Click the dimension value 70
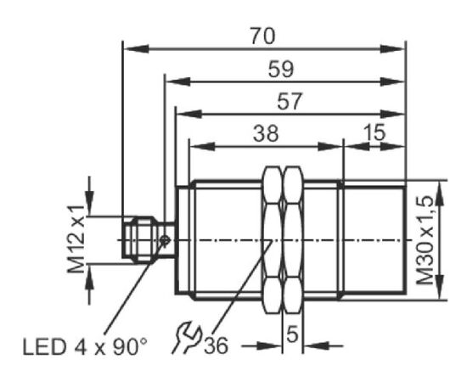[262, 36]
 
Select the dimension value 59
[281, 69]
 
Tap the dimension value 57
[290, 101]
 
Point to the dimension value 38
[266, 133]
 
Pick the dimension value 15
[374, 132]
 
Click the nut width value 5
[292, 334]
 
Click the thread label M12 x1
[76, 239]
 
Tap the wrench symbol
[188, 337]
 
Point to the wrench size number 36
[216, 345]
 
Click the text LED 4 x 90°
[85, 346]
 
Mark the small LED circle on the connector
[165, 239]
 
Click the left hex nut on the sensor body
[272, 240]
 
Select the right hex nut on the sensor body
[293, 240]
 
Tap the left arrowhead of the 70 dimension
[136, 48]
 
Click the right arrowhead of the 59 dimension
[392, 81]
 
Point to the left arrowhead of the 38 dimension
[202, 146]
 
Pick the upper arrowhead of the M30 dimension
[440, 193]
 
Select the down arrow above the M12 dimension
[89, 203]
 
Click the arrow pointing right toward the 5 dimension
[268, 346]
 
